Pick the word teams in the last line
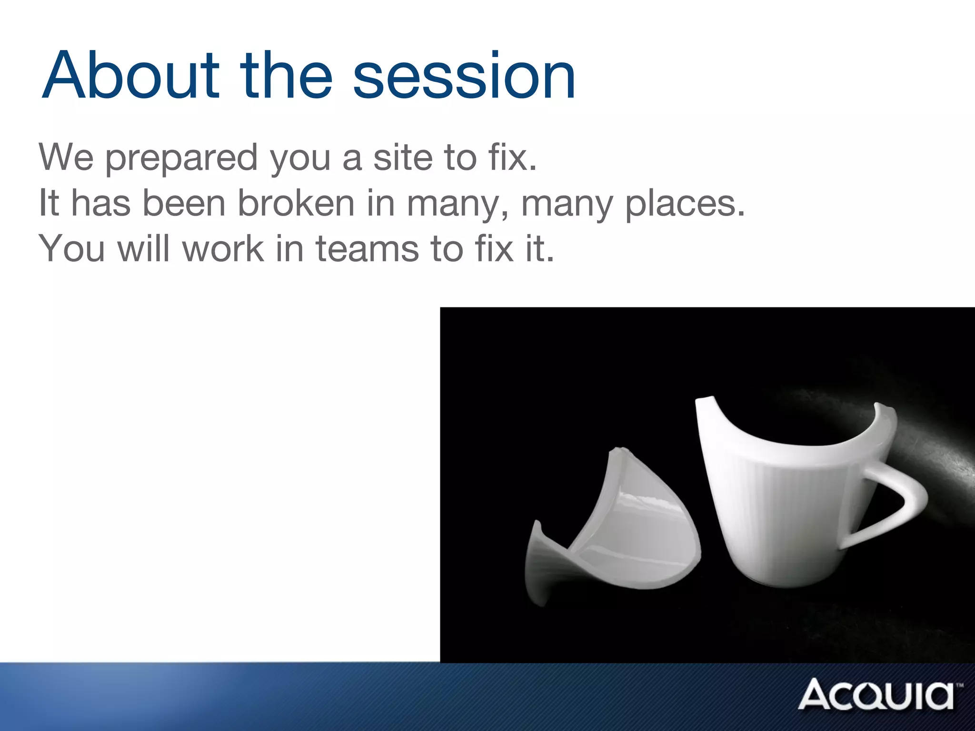[367, 249]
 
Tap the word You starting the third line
[72, 249]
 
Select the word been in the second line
[184, 204]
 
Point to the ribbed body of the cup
[781, 519]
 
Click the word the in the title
[286, 76]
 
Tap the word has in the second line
[100, 204]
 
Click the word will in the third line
[143, 249]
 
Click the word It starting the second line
[49, 204]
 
